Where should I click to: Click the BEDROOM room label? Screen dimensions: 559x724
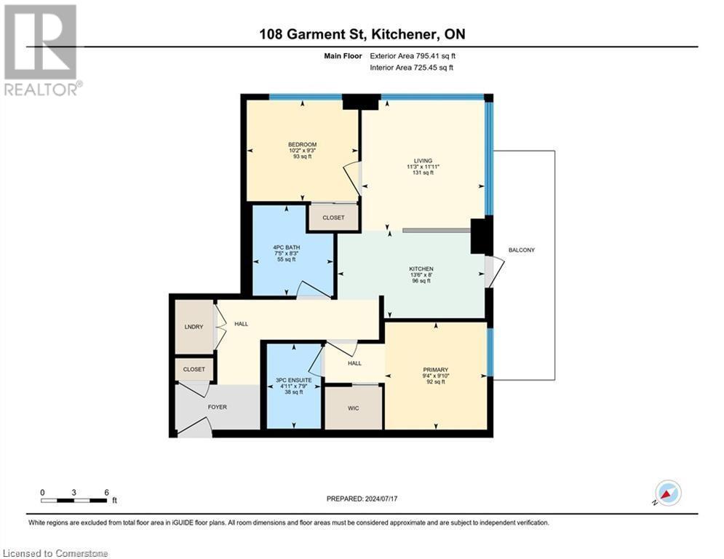pyautogui.click(x=302, y=145)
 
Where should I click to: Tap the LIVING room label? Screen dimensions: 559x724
pyautogui.click(x=423, y=161)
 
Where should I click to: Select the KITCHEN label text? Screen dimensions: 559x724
pyautogui.click(x=421, y=269)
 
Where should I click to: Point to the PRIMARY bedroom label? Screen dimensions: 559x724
pyautogui.click(x=436, y=370)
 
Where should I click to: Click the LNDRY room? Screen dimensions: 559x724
pyautogui.click(x=194, y=327)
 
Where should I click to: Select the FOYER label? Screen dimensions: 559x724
pyautogui.click(x=218, y=407)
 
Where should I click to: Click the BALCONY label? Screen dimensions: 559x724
pyautogui.click(x=522, y=250)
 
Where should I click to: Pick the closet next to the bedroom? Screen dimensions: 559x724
pyautogui.click(x=333, y=218)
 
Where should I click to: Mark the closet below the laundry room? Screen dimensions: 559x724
pyautogui.click(x=194, y=369)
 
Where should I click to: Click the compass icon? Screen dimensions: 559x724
pyautogui.click(x=667, y=493)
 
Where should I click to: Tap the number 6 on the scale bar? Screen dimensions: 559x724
pyautogui.click(x=106, y=492)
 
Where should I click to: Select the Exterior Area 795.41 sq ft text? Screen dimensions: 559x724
pyautogui.click(x=413, y=55)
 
